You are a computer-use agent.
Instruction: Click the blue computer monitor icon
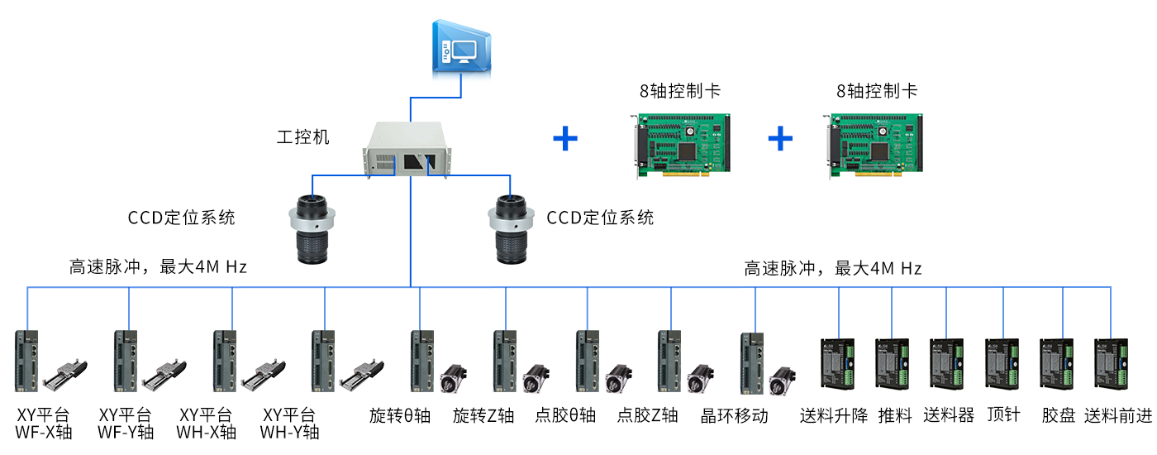(x=461, y=49)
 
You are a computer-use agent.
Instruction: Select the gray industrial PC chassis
(x=411, y=149)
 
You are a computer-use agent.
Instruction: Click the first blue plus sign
(x=565, y=138)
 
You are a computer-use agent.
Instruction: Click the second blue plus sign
(x=780, y=138)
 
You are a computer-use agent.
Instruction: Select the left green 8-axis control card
(x=680, y=145)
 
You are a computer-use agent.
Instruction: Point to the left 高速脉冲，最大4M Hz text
(x=157, y=267)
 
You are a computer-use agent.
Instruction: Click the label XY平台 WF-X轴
(x=43, y=423)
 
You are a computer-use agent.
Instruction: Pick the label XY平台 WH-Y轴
(x=289, y=423)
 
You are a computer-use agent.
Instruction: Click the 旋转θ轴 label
(x=400, y=415)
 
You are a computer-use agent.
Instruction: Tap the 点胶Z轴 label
(x=648, y=415)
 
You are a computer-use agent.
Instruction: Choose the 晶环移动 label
(x=735, y=415)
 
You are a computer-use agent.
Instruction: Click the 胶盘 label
(x=1058, y=415)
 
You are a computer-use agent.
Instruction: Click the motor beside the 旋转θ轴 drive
(x=452, y=379)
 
